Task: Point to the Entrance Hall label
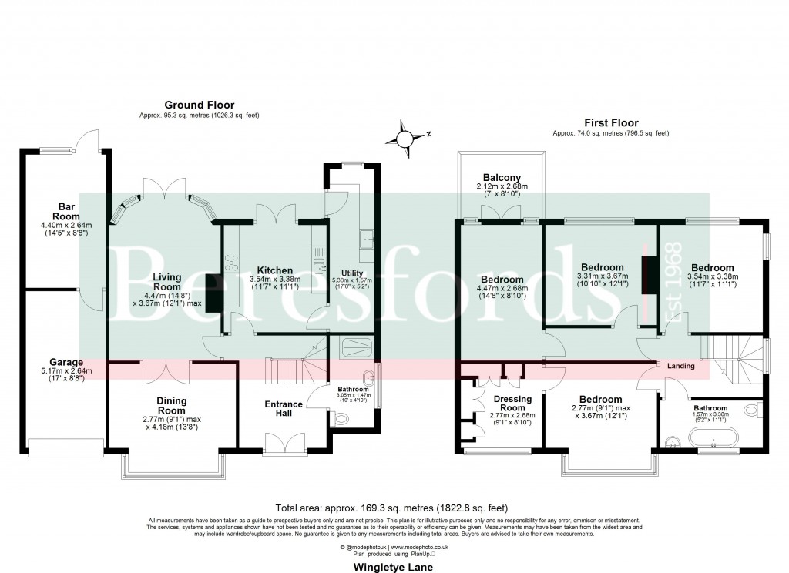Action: pos(284,409)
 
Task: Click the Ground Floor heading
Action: pos(199,105)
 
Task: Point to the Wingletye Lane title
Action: pos(393,567)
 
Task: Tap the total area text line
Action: pos(393,508)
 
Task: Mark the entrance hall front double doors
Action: pos(284,443)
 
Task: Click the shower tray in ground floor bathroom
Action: pos(352,347)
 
